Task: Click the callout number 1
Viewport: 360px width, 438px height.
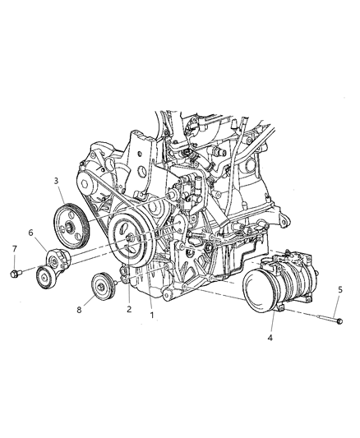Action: coord(151,314)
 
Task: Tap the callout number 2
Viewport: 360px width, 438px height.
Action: coord(128,310)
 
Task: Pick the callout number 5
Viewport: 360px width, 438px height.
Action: coord(341,288)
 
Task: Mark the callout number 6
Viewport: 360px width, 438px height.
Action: coord(32,233)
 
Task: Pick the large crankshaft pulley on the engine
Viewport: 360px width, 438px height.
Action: coord(132,239)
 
